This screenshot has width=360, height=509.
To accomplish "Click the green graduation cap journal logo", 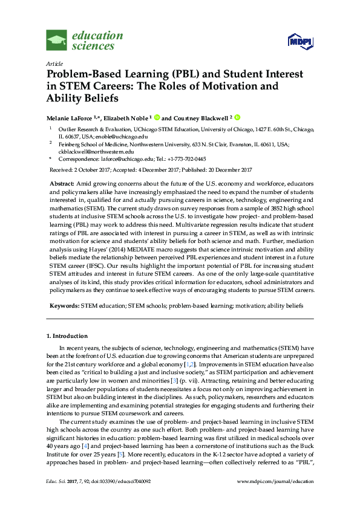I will (57, 41).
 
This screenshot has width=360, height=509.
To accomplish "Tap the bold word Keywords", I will (63, 306).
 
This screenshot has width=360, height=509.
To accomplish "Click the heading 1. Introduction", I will (67, 336).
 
